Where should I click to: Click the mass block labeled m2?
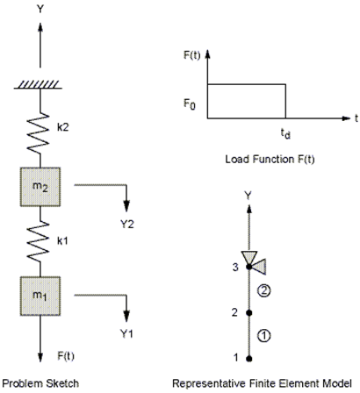click(x=37, y=184)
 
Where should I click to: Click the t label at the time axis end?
click(x=356, y=115)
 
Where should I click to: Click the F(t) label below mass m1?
click(x=62, y=354)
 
